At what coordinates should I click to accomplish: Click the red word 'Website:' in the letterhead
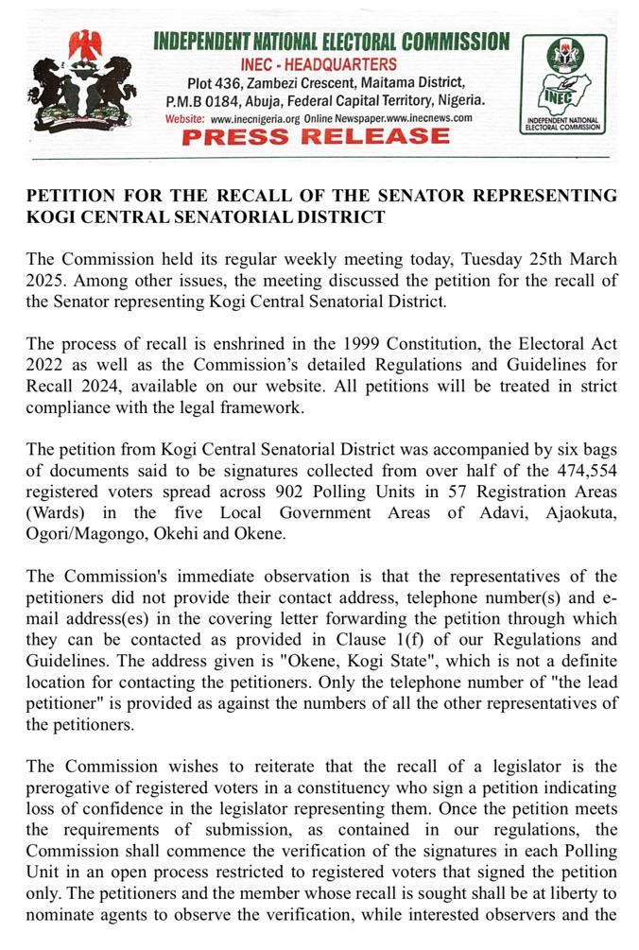(185, 118)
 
